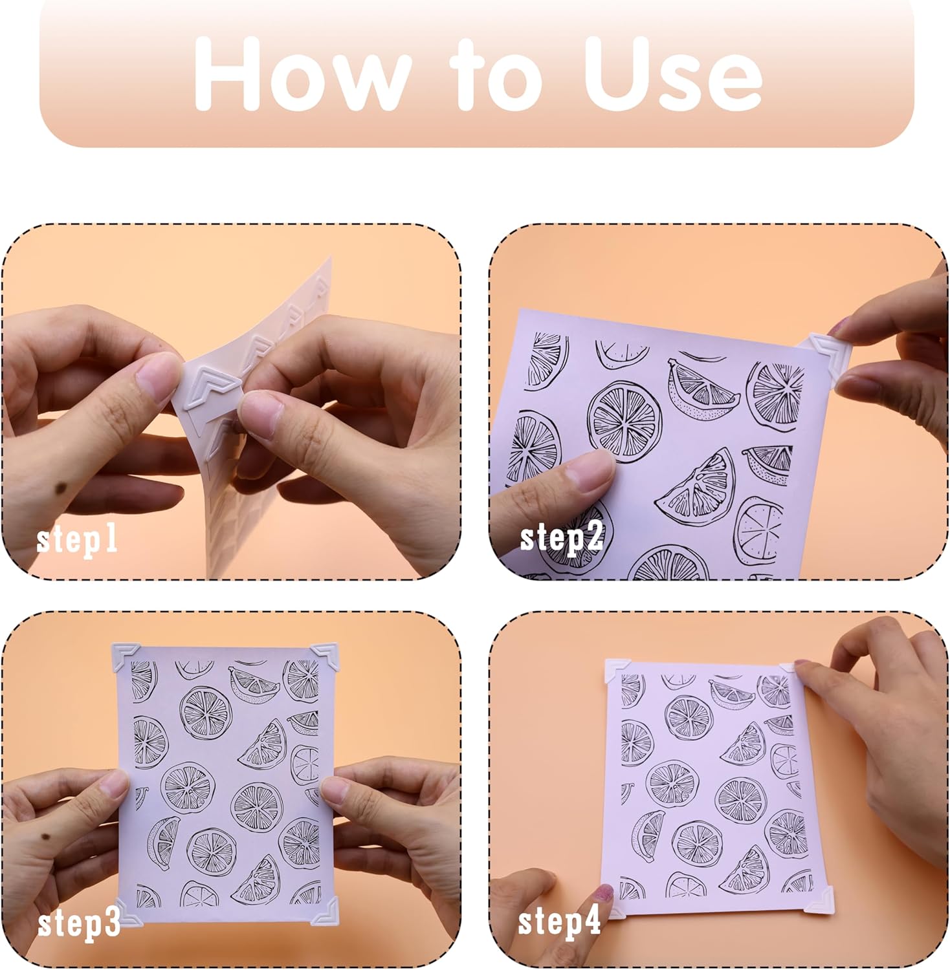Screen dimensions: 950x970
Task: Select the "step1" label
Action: click(77, 538)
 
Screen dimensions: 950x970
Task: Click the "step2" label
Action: click(562, 537)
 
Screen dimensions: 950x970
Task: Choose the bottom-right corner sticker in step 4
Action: click(821, 900)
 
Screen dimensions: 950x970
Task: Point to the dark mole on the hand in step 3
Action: click(45, 841)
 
